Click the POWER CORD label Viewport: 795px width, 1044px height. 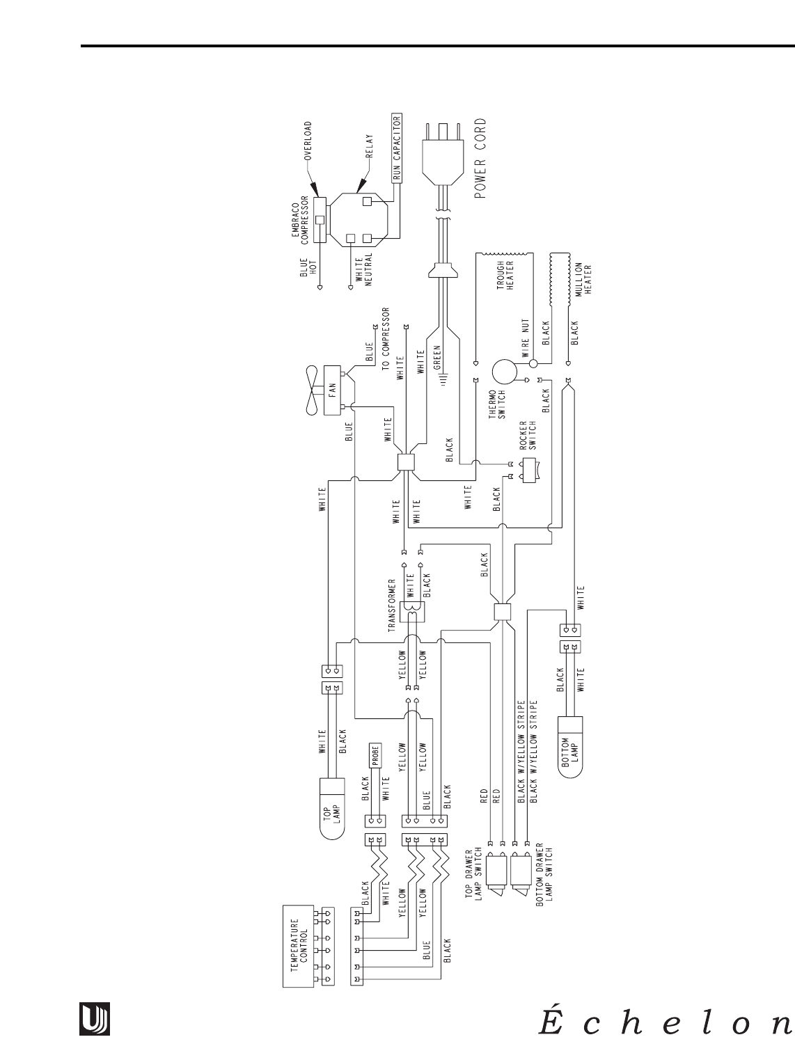tap(482, 158)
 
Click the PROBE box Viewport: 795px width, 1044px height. tap(375, 759)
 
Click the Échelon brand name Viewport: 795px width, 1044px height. tap(664, 1022)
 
